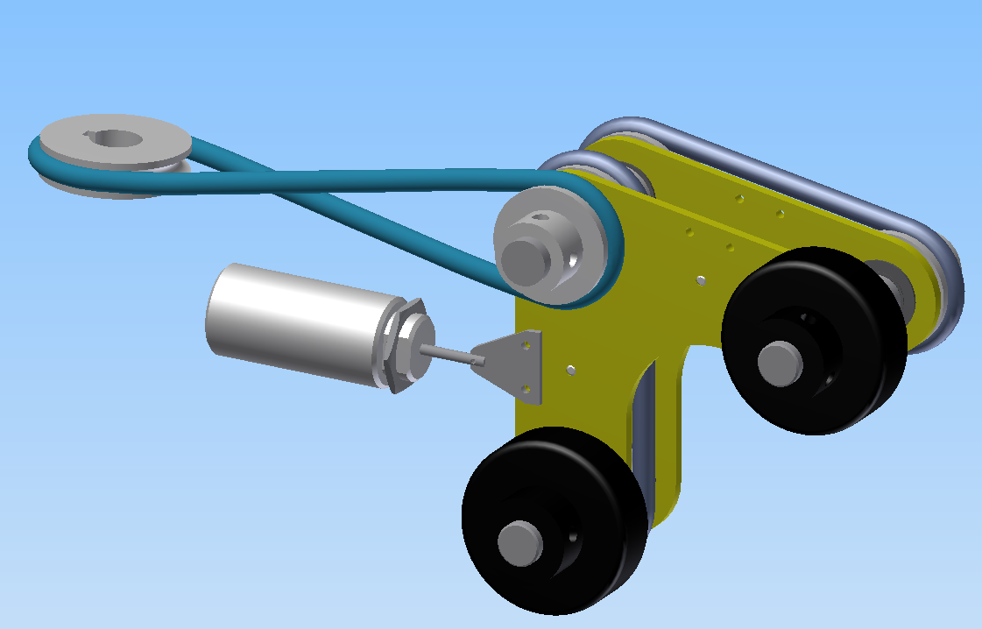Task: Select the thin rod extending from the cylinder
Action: (447, 353)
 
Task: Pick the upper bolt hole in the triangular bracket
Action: (527, 345)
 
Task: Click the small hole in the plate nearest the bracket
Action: (570, 370)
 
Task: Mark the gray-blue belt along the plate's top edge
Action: (771, 166)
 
